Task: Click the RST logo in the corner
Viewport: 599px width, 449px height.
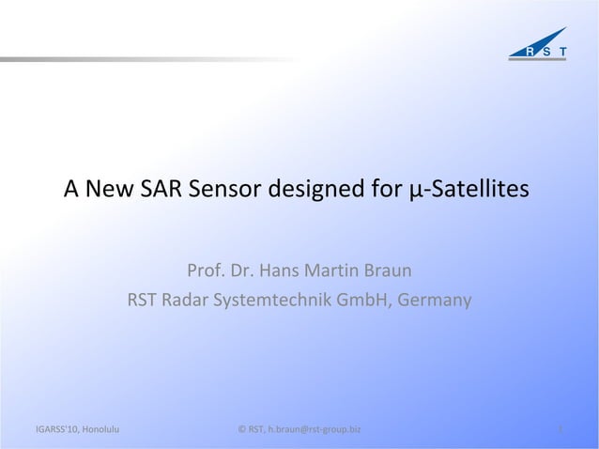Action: tap(537, 48)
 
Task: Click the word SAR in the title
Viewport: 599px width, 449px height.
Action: tap(161, 191)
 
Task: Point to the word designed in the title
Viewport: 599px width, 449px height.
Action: tap(315, 191)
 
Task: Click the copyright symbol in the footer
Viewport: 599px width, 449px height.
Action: tap(242, 430)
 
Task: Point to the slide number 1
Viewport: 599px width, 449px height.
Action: tap(560, 430)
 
